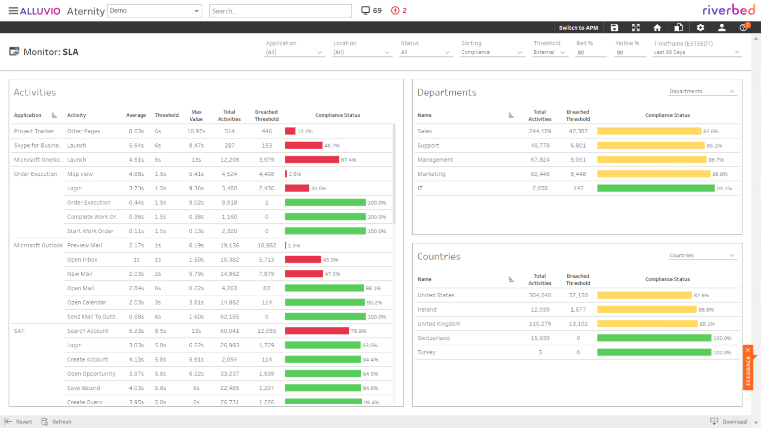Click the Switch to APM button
click(x=578, y=28)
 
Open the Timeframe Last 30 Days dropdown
click(x=696, y=53)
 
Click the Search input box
click(x=280, y=11)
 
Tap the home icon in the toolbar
click(x=657, y=28)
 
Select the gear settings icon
click(x=700, y=28)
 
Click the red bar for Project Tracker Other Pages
click(x=290, y=131)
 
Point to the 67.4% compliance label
click(x=348, y=160)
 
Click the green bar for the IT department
click(x=655, y=188)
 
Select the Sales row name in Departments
click(x=425, y=131)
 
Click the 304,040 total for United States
click(x=540, y=295)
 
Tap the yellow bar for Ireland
click(x=647, y=310)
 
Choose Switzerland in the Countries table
click(x=434, y=338)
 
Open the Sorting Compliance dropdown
click(x=491, y=53)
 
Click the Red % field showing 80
click(x=590, y=53)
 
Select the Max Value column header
click(x=196, y=115)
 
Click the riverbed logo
click(x=728, y=10)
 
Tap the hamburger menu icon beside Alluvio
click(x=13, y=11)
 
